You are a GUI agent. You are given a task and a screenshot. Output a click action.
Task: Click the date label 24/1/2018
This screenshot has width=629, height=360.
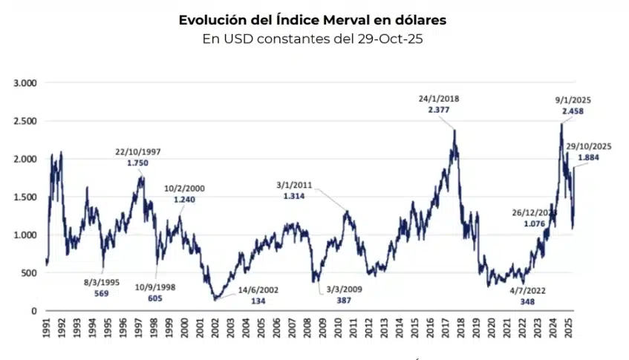438,98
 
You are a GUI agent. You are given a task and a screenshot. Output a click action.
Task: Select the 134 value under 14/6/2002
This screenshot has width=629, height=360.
257,301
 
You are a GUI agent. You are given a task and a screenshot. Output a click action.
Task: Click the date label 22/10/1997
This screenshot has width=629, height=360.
138,151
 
